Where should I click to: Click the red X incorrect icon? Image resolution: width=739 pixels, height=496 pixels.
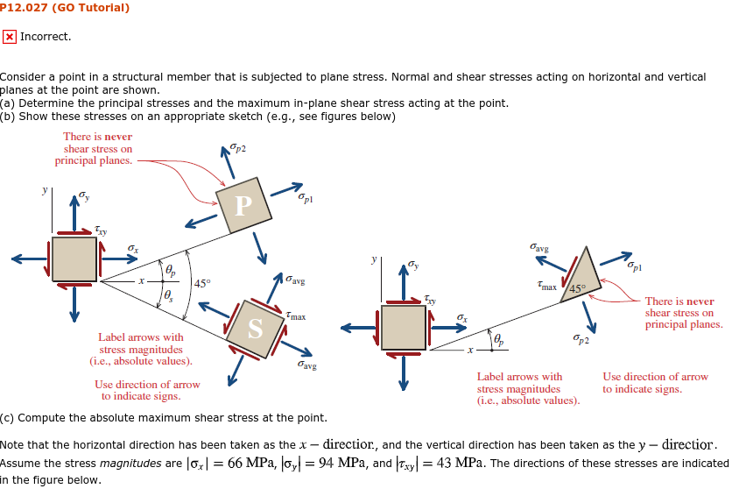pos(9,37)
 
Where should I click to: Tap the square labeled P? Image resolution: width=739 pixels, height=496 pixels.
pos(243,205)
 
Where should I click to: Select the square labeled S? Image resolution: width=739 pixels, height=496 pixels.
pos(255,329)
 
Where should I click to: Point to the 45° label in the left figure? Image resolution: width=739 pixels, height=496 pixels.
pos(202,284)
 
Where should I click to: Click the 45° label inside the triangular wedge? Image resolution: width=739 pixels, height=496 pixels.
pos(577,289)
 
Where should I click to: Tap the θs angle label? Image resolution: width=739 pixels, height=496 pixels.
pos(169,295)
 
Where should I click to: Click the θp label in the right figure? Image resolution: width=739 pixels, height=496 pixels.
pos(498,339)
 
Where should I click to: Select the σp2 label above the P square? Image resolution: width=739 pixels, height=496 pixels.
pos(237,149)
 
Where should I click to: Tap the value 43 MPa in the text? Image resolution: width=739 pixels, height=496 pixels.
pos(460,463)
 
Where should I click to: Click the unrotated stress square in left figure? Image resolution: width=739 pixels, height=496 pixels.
pos(74,259)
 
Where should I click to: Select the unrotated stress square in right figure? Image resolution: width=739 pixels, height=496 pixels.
pos(403,328)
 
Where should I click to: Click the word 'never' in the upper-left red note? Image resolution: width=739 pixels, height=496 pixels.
pos(118,137)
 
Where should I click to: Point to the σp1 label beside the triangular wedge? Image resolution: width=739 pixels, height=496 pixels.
pos(634,266)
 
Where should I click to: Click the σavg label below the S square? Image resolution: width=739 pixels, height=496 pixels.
pos(306,364)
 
